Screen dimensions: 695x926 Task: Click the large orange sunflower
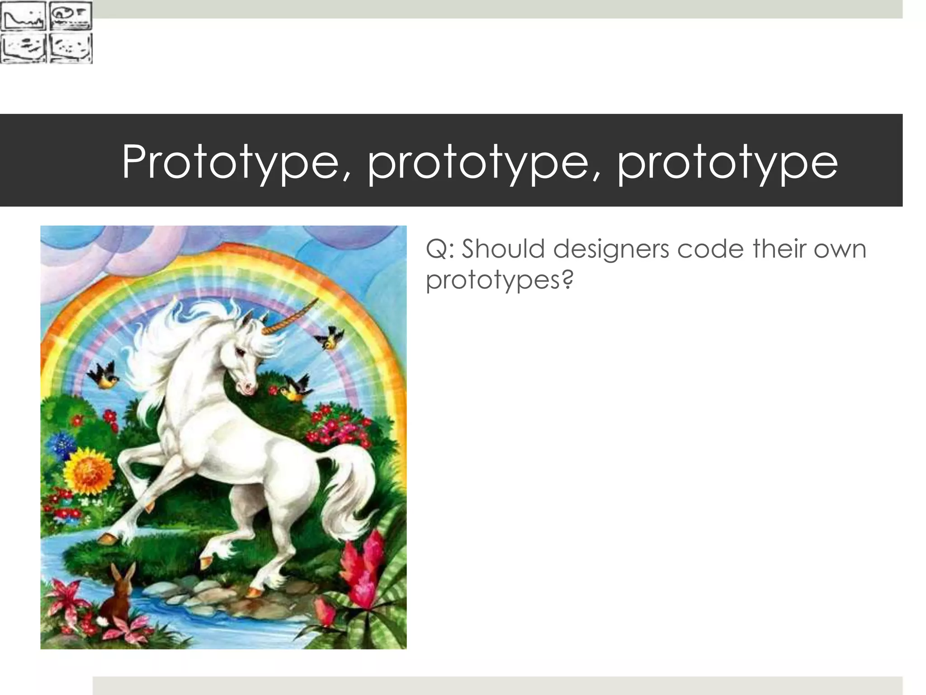[89, 471]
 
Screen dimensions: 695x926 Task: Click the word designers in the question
[611, 249]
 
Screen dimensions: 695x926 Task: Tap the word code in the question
[710, 249]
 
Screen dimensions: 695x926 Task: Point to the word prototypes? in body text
[499, 280]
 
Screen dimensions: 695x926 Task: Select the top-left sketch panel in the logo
[23, 16]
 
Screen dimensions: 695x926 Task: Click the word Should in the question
[503, 249]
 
